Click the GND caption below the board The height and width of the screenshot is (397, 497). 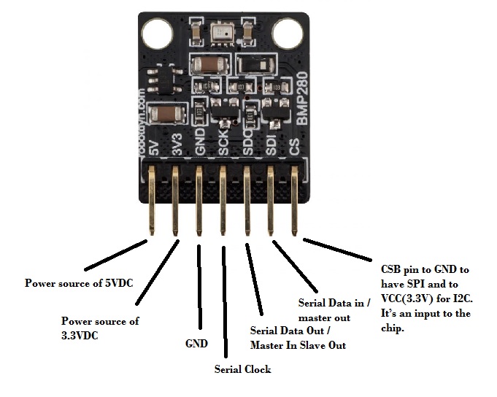[x=195, y=343]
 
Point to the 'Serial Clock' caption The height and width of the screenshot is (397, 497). [x=242, y=369]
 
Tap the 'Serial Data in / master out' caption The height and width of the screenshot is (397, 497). [x=334, y=309]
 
